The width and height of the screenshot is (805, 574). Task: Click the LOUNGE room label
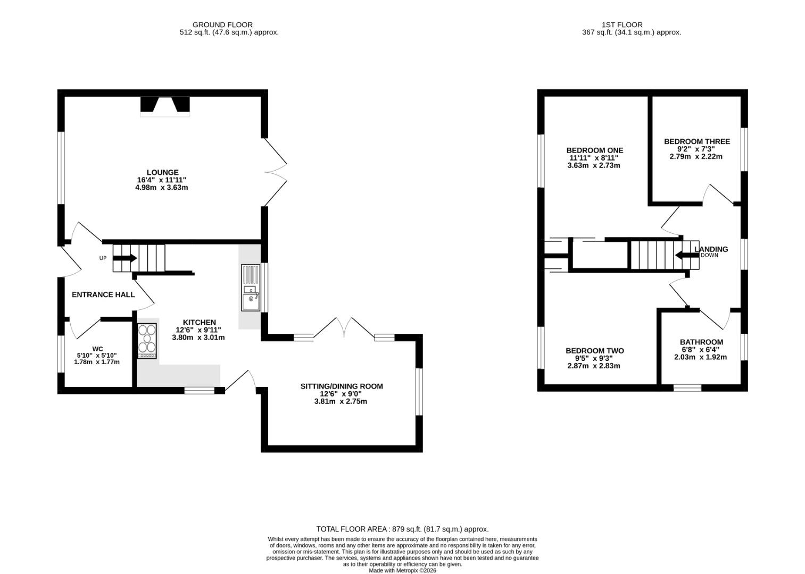pos(162,172)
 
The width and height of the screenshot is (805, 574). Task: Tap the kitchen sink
pos(251,288)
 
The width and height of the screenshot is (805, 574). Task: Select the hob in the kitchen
pos(147,341)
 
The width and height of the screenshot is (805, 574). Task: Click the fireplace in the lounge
pos(165,107)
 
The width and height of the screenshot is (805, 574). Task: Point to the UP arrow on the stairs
pos(125,258)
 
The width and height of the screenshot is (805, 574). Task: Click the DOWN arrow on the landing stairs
pos(687,255)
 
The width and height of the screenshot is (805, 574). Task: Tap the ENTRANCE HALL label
pos(103,295)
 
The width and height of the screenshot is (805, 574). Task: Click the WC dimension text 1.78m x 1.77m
pos(97,362)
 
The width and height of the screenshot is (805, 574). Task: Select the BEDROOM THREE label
pos(697,141)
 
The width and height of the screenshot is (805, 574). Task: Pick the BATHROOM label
pos(701,342)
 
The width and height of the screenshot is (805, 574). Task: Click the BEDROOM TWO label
pos(595,351)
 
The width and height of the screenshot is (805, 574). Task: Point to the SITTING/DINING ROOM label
pos(342,386)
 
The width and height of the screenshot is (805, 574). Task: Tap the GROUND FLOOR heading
pos(222,25)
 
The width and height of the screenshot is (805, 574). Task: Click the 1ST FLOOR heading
pos(622,25)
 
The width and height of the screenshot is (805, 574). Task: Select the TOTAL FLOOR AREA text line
pos(402,529)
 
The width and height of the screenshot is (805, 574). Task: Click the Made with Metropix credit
pos(402,570)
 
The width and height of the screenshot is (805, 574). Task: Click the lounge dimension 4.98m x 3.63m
pos(162,188)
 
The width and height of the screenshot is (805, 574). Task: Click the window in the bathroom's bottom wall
pos(687,387)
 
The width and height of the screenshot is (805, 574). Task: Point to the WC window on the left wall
pos(61,354)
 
